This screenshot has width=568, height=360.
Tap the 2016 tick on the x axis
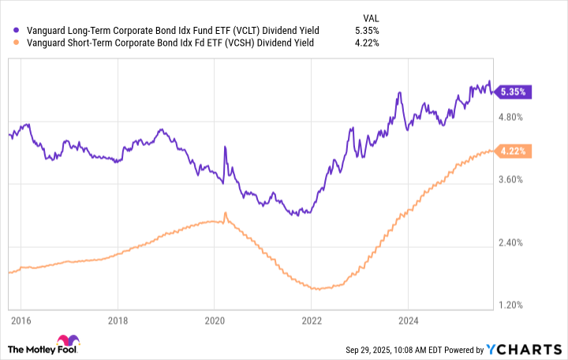pyautogui.click(x=21, y=321)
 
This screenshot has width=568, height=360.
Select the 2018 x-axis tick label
pyautogui.click(x=118, y=321)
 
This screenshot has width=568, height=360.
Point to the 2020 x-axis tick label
pyautogui.click(x=215, y=321)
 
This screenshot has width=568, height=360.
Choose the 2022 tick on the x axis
pyautogui.click(x=312, y=321)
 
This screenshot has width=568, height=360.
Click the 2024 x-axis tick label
pyautogui.click(x=409, y=321)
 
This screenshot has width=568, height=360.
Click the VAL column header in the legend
pyautogui.click(x=369, y=15)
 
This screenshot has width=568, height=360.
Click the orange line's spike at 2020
pyautogui.click(x=226, y=213)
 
